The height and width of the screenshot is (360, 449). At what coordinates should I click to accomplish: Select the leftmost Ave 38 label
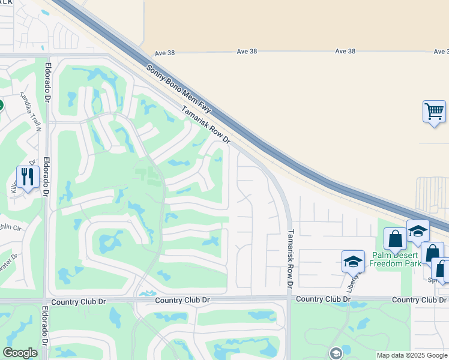pyautogui.click(x=164, y=53)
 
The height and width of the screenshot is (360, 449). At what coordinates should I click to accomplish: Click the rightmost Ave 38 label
pyautogui.click(x=345, y=52)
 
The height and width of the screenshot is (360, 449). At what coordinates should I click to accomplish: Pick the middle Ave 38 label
pyautogui.click(x=247, y=52)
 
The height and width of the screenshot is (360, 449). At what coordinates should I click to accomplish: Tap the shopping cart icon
pyautogui.click(x=434, y=112)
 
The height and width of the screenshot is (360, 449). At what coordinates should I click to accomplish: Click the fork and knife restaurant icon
pyautogui.click(x=28, y=176)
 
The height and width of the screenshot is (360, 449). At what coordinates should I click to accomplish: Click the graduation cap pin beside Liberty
pyautogui.click(x=353, y=262)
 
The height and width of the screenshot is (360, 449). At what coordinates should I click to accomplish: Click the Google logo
pyautogui.click(x=20, y=352)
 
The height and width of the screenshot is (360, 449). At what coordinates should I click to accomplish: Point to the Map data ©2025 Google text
pyautogui.click(x=412, y=355)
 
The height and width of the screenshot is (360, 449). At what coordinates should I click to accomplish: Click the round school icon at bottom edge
pyautogui.click(x=335, y=353)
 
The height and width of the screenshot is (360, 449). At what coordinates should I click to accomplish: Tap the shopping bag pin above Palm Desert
pyautogui.click(x=396, y=239)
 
